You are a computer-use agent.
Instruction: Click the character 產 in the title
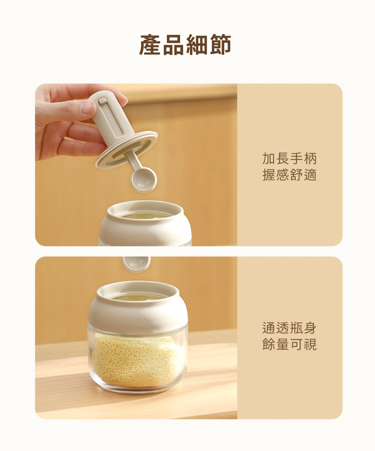coord(150,44)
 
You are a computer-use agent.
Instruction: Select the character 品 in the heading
coord(174,44)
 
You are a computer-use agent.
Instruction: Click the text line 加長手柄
coord(289,159)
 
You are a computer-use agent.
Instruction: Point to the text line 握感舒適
coord(289,175)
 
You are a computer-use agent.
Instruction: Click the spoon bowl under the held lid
coord(144,180)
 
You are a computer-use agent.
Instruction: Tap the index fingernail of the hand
coord(87,108)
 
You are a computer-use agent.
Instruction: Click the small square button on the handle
coord(102,101)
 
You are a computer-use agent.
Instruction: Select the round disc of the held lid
coord(126,150)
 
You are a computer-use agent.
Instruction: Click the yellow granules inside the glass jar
coord(138,360)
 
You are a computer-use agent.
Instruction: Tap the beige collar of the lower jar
coord(138,308)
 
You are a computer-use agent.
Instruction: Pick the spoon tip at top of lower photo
coord(136,264)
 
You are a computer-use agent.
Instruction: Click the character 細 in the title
coord(197,44)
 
